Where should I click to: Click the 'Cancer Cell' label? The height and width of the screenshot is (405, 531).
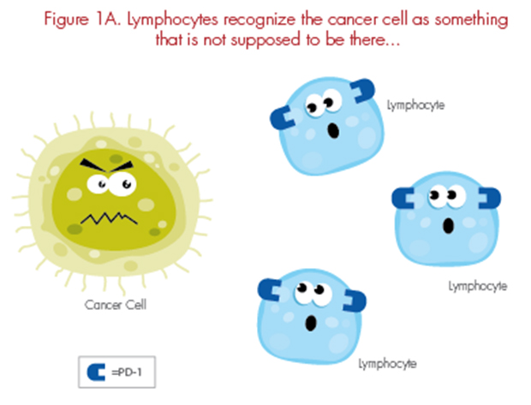116,305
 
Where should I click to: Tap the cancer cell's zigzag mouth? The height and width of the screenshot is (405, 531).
109,218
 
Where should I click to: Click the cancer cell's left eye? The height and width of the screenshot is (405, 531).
98,184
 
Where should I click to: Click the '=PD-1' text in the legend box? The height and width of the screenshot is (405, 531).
127,372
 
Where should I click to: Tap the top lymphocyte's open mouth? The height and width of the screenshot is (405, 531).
333,131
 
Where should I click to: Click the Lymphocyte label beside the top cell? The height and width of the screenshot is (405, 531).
415,105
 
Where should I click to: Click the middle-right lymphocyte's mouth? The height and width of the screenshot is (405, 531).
449,226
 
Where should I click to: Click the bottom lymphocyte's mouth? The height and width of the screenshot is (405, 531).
311,323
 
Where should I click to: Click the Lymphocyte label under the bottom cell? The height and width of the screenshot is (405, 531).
387,364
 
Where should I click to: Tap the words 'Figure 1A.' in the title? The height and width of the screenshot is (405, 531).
82,20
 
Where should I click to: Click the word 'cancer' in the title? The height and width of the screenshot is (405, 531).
354,20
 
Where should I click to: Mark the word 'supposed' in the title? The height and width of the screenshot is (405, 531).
265,40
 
